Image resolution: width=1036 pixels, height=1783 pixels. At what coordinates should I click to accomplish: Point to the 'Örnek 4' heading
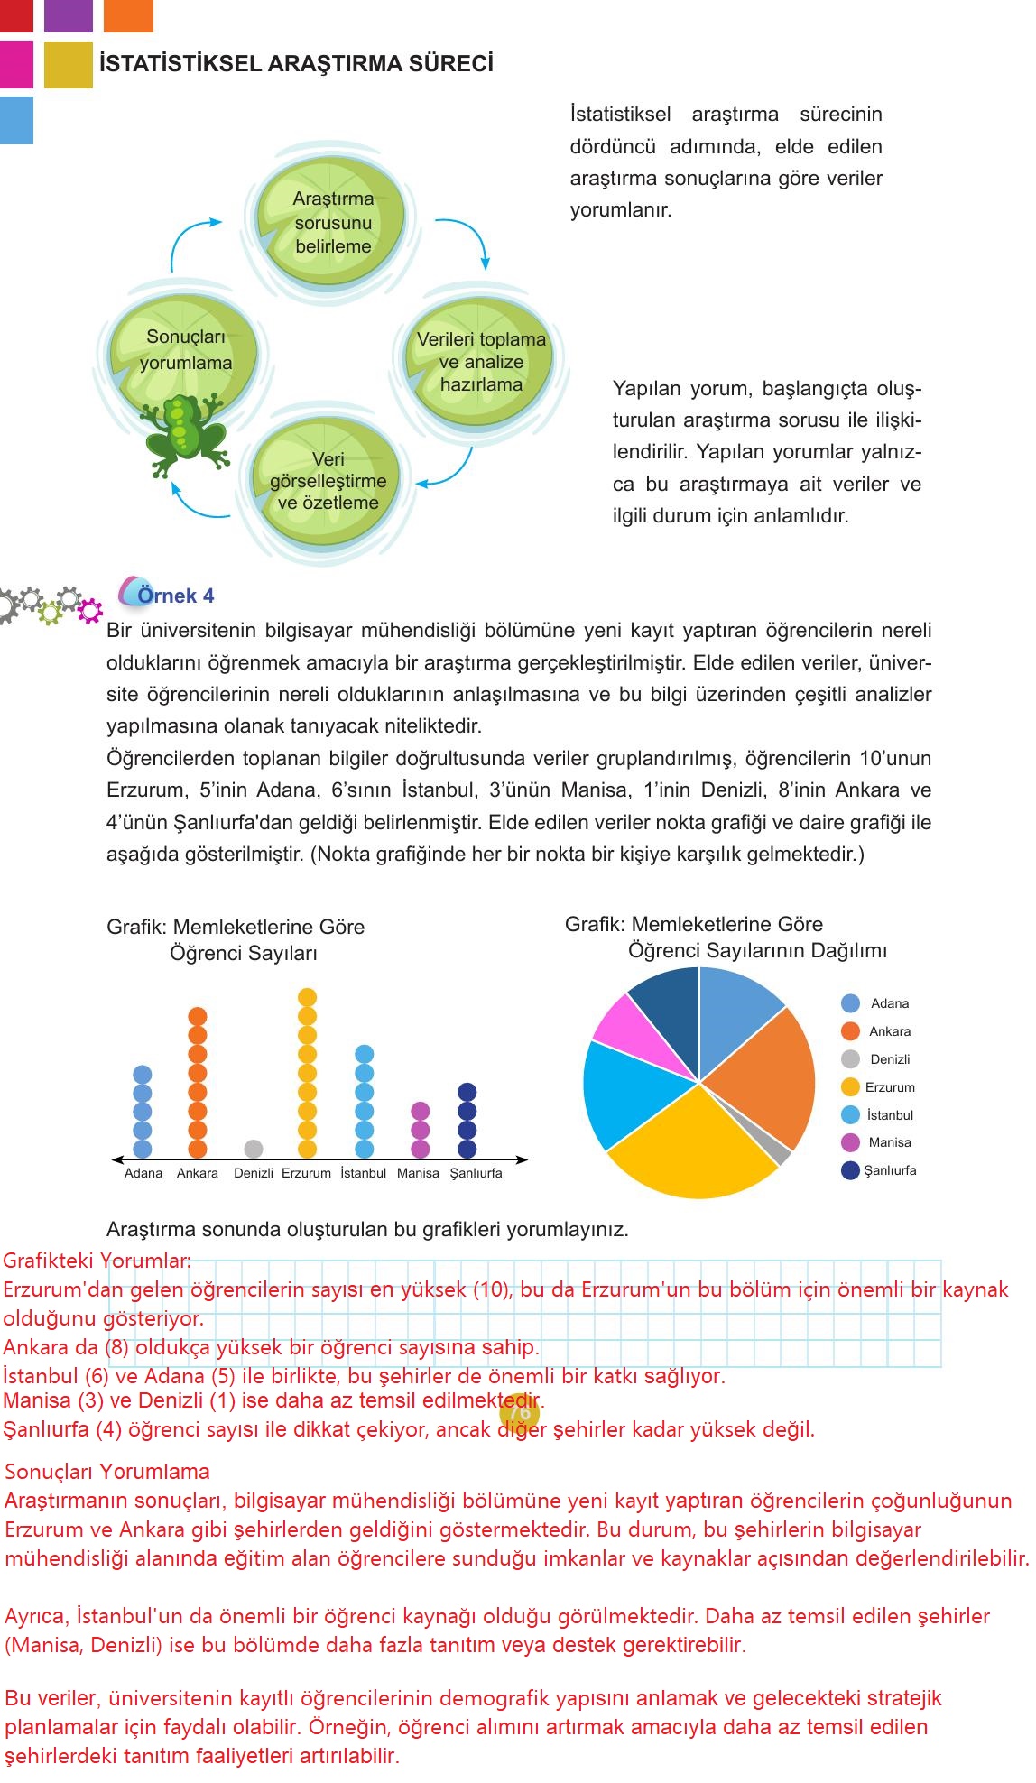click(175, 596)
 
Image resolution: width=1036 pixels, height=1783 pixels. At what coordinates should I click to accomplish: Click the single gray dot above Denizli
click(254, 1149)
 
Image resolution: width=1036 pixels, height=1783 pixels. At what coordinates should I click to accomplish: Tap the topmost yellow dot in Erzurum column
click(307, 997)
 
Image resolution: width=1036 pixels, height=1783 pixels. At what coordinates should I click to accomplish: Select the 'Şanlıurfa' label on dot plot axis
click(476, 1173)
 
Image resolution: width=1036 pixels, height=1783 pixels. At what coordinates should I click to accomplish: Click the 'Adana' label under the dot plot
click(143, 1173)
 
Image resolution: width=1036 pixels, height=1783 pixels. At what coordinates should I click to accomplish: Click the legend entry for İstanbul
click(889, 1115)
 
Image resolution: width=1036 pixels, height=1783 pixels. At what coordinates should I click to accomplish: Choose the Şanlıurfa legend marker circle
click(850, 1170)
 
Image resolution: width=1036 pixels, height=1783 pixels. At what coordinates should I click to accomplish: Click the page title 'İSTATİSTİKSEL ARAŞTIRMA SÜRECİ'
click(296, 64)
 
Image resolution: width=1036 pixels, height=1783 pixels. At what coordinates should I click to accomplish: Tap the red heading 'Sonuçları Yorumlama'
click(106, 1472)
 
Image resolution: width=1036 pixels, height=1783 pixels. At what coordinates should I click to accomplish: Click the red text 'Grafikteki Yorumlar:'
click(97, 1261)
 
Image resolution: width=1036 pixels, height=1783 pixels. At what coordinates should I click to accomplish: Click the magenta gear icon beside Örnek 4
click(89, 611)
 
